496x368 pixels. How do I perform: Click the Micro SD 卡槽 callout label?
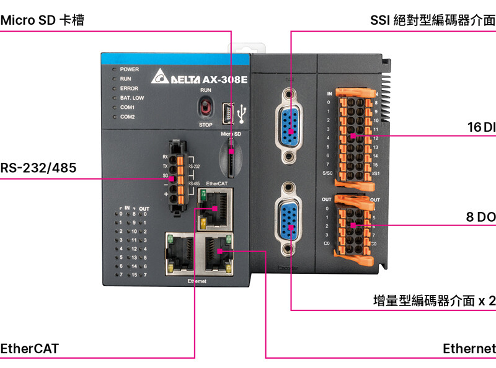click(42, 20)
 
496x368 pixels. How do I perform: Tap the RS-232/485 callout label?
click(38, 167)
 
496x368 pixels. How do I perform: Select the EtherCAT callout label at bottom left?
click(30, 348)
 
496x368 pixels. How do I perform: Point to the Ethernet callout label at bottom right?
click(469, 348)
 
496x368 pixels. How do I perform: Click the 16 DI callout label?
click(481, 128)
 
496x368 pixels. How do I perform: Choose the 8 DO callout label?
click(480, 217)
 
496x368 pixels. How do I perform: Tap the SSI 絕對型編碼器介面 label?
click(433, 20)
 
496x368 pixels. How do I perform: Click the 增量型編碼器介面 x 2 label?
click(434, 301)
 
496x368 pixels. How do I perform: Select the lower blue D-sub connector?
click(289, 217)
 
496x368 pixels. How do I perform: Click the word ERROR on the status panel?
click(129, 89)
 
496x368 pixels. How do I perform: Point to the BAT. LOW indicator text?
click(132, 98)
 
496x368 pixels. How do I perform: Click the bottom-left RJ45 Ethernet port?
click(180, 254)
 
